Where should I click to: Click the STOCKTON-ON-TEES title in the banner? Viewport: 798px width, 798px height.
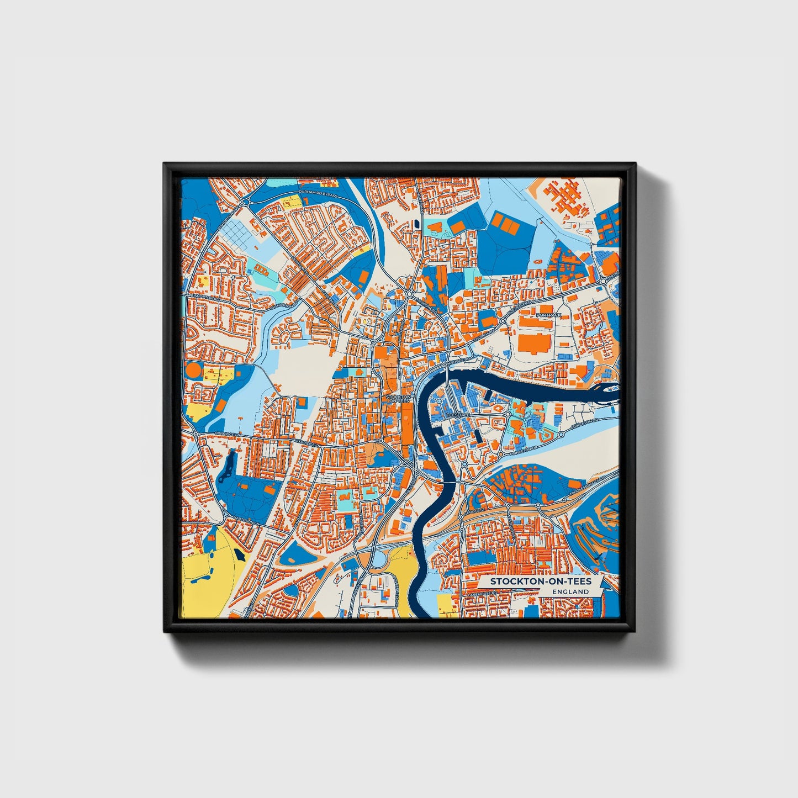[x=540, y=581]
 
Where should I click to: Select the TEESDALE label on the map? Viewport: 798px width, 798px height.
[x=458, y=413]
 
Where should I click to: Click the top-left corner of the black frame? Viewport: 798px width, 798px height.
[x=165, y=164]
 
